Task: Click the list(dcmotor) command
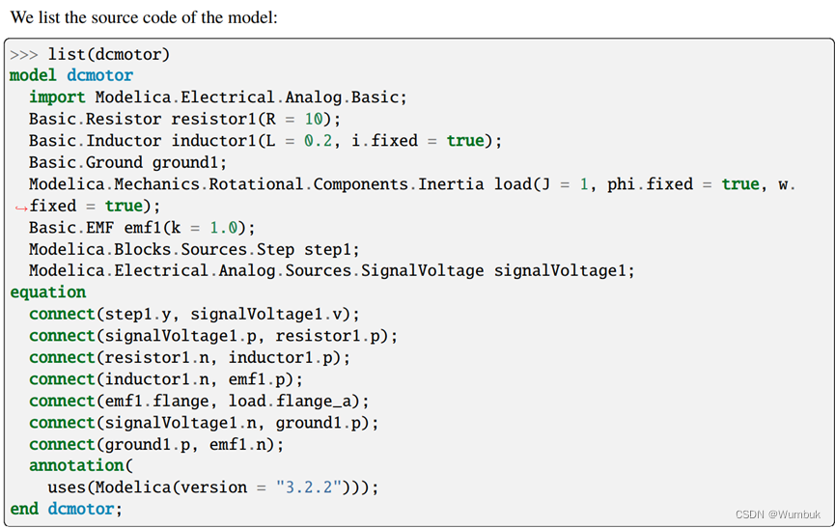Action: coord(109,54)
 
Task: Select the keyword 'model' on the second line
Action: coord(34,75)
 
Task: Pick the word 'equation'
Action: coord(47,292)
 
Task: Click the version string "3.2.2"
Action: coord(309,487)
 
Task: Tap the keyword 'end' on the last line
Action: coord(24,509)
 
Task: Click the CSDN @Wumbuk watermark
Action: coord(777,514)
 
